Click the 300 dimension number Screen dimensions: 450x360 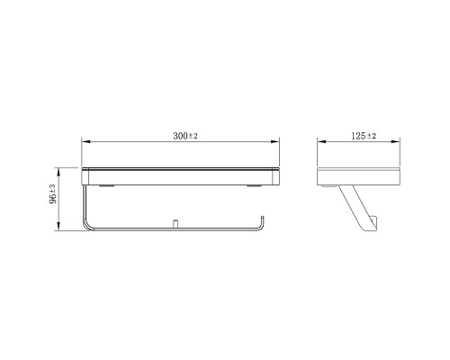pos(180,136)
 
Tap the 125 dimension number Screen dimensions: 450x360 pos(358,136)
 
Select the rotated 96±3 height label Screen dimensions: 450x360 pos(53,194)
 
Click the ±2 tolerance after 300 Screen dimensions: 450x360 pos(193,136)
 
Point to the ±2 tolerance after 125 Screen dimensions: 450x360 pos(371,136)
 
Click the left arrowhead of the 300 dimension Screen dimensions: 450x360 pos(86,142)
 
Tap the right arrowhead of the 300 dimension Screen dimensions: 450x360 pos(275,142)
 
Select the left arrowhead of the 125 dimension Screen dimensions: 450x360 pos(322,142)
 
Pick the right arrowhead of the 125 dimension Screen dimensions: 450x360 pos(395,142)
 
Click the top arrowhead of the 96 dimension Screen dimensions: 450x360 pos(58,172)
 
